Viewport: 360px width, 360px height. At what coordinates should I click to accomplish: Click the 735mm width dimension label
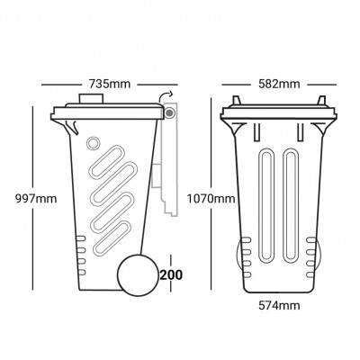click(x=112, y=84)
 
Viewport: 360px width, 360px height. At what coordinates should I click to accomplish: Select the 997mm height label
click(x=22, y=198)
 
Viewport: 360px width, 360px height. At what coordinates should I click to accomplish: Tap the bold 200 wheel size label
click(x=170, y=274)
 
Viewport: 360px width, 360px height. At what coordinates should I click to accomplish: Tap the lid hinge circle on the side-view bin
click(x=168, y=113)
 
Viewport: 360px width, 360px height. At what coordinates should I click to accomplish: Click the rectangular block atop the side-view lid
click(x=92, y=98)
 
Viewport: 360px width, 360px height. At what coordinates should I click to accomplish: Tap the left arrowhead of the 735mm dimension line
click(x=48, y=85)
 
